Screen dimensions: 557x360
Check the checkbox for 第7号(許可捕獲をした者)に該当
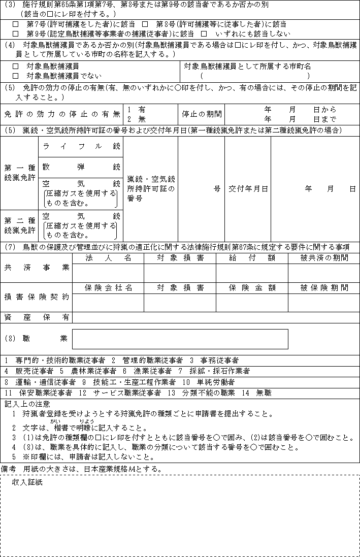[15, 24]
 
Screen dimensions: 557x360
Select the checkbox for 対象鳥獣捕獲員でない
[15, 76]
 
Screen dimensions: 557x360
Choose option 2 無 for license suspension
[136, 118]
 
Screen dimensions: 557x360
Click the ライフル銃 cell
[81, 146]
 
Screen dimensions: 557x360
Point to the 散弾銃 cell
[81, 167]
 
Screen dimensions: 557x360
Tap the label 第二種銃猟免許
[19, 225]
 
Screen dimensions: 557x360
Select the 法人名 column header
[108, 258]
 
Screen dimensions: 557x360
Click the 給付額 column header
[252, 258]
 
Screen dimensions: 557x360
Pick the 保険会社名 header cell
[108, 288]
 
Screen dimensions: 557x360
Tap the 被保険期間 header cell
[323, 288]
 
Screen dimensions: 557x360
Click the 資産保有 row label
[37, 317]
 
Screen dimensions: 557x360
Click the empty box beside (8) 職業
[180, 339]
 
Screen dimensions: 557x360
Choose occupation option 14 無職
[257, 392]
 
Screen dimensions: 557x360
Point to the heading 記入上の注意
[27, 404]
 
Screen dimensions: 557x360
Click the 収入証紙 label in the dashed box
[27, 482]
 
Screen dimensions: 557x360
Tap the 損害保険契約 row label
[37, 297]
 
